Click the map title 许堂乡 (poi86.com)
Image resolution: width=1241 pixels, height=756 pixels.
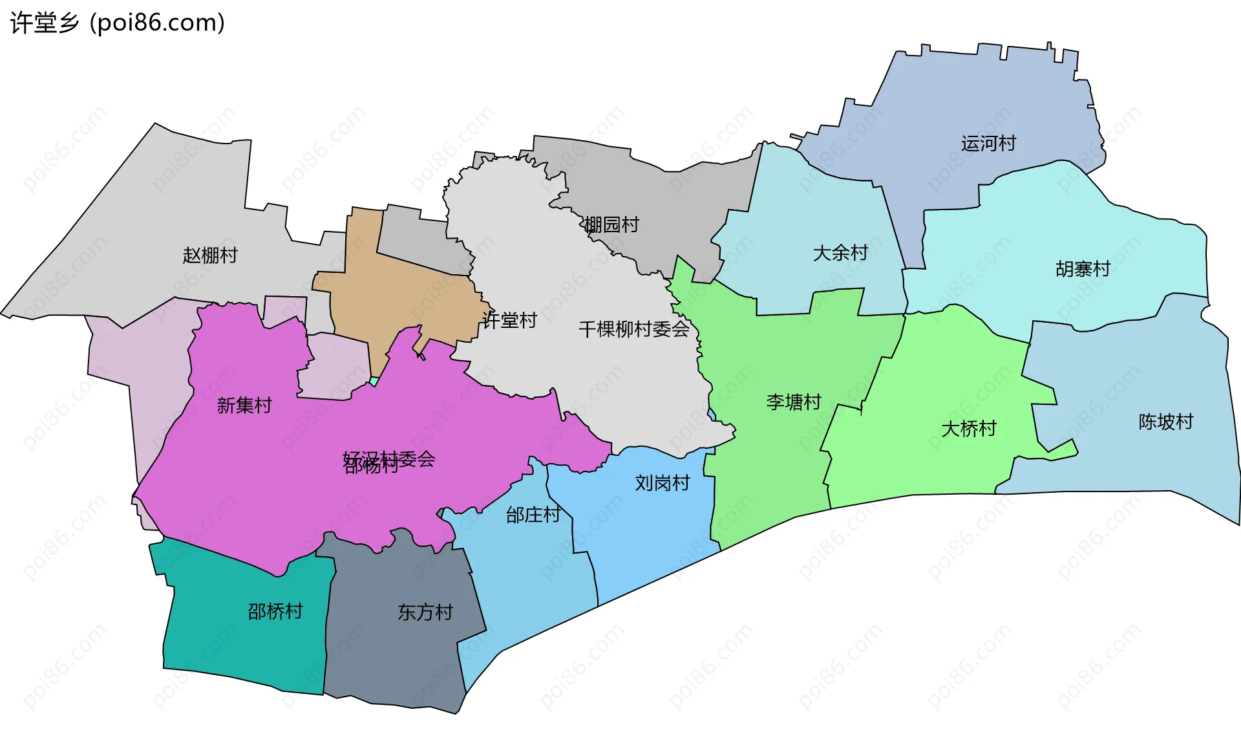pos(118,23)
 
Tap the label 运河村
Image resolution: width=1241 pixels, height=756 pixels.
pos(988,143)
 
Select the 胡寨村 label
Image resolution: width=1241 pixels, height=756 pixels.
pos(1083,268)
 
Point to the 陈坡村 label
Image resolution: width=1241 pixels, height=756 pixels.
pos(1165,422)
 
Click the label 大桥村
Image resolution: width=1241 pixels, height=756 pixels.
pos(968,428)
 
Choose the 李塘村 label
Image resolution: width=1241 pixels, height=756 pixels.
pos(793,402)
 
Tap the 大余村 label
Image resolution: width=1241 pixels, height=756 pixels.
pos(840,252)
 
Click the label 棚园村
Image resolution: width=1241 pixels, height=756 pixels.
pos(611,224)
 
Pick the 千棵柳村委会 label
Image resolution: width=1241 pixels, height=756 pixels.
pos(634,329)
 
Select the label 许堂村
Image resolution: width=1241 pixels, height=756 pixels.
pos(509,320)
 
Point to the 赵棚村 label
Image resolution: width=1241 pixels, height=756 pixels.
pos(210,255)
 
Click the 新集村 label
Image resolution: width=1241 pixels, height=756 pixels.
pos(244,405)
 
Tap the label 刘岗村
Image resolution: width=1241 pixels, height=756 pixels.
pos(662,482)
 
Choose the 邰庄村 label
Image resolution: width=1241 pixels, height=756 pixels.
pos(533,515)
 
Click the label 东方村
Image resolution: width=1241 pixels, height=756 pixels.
pos(425,612)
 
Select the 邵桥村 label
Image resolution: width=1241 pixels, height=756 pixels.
pos(275,611)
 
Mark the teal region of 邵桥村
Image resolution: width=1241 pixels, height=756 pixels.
pos(246,647)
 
